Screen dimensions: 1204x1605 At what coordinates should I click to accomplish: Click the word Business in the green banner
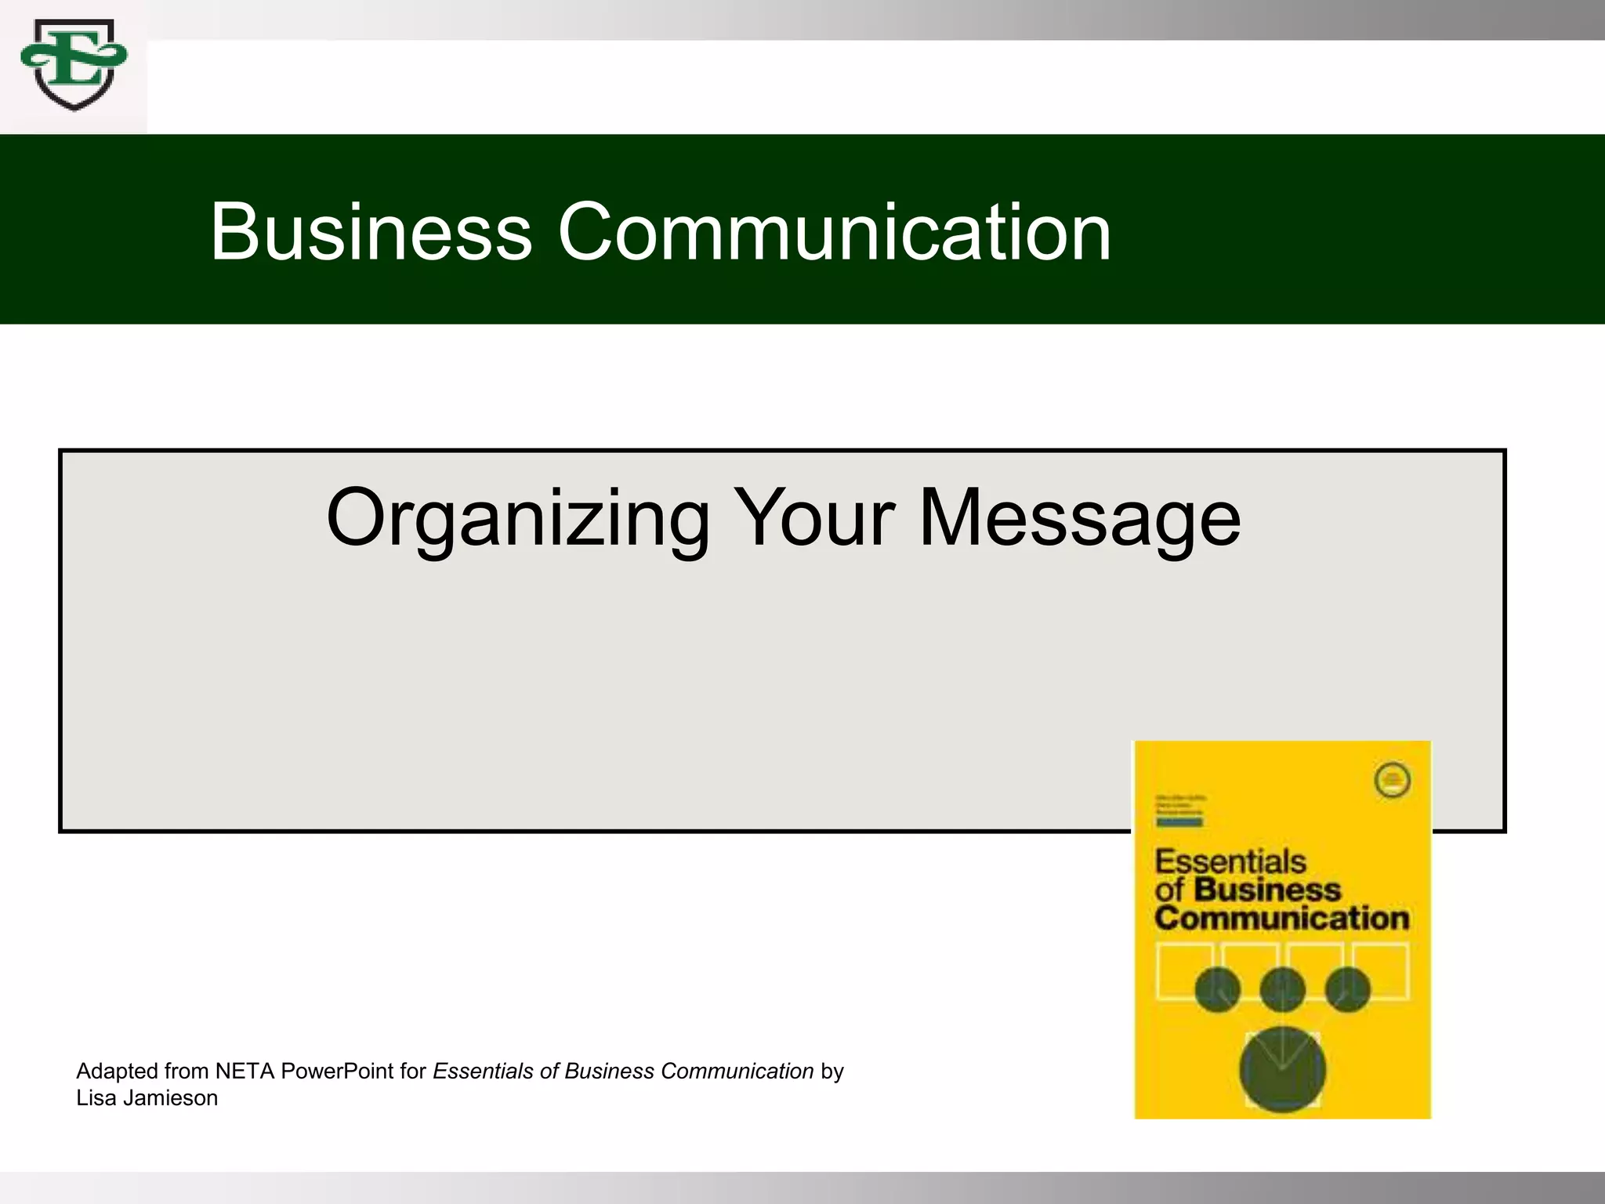point(371,232)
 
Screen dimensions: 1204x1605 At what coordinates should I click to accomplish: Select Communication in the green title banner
point(834,232)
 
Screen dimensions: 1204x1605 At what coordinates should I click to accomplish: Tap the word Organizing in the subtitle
point(517,519)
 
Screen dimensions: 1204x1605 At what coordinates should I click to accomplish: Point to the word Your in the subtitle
point(814,519)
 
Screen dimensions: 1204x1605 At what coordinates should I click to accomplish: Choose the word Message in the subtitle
point(1079,519)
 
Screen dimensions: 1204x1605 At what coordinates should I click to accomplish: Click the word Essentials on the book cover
point(1230,861)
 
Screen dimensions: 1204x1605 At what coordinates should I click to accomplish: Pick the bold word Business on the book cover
point(1267,890)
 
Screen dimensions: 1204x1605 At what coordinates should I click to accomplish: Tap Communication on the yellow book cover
point(1281,918)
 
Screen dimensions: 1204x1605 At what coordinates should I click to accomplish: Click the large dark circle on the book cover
point(1282,1069)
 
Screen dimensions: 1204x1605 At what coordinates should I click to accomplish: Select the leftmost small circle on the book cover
point(1217,989)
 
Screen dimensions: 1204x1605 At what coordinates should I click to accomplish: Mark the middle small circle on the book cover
point(1282,989)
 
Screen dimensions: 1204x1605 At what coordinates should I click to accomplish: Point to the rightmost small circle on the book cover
point(1347,989)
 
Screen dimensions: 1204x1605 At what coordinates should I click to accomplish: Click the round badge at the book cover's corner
point(1393,780)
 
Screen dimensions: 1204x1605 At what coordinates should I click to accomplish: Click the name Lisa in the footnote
point(96,1098)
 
